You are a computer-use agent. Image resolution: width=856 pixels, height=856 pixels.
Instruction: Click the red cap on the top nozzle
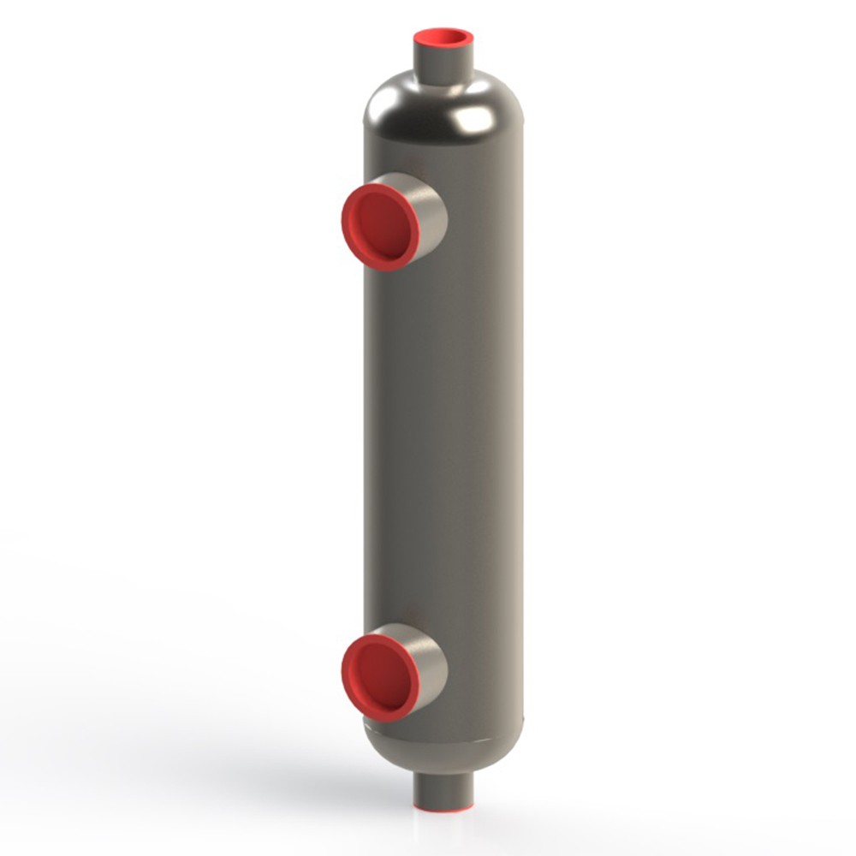[443, 39]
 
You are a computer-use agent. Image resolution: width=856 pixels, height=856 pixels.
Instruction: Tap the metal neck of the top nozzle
[443, 64]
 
